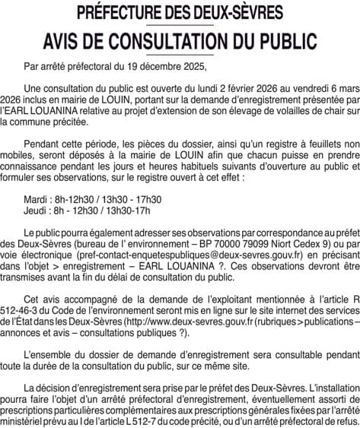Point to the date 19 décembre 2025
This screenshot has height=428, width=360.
[x=167, y=66]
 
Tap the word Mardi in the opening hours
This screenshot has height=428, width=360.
[x=36, y=199]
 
